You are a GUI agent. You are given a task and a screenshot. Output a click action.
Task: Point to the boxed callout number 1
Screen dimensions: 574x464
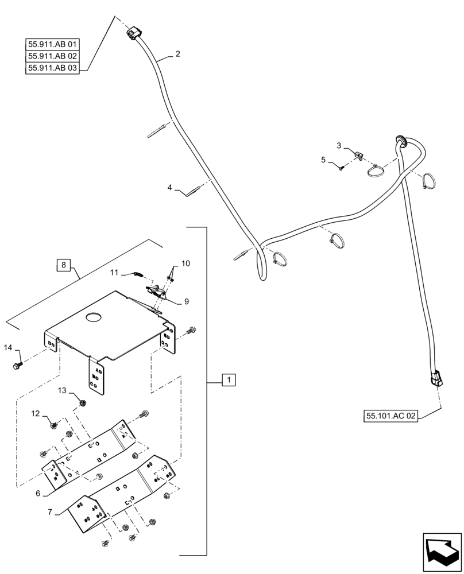tap(229, 379)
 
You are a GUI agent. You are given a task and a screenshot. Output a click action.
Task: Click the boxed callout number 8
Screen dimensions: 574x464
tap(63, 265)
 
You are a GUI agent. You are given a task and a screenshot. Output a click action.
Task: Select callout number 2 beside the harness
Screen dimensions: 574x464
tap(177, 54)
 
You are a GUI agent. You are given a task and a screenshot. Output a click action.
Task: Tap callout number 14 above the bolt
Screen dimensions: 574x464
tap(8, 348)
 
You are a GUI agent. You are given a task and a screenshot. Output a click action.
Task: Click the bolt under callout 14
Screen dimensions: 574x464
tap(17, 364)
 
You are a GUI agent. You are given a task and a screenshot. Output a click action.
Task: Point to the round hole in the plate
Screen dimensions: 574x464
tap(93, 317)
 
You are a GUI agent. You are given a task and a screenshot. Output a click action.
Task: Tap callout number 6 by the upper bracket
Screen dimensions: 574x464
tap(37, 494)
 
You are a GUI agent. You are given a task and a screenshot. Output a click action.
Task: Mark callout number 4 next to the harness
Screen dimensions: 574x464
tap(170, 187)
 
